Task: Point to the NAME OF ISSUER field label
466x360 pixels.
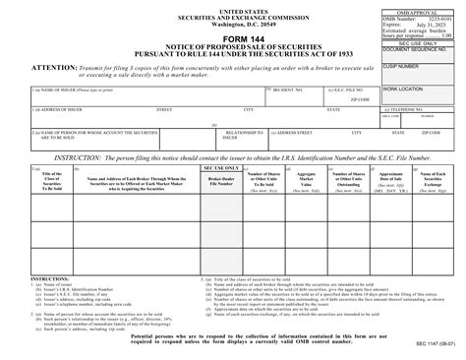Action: click(x=48, y=90)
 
